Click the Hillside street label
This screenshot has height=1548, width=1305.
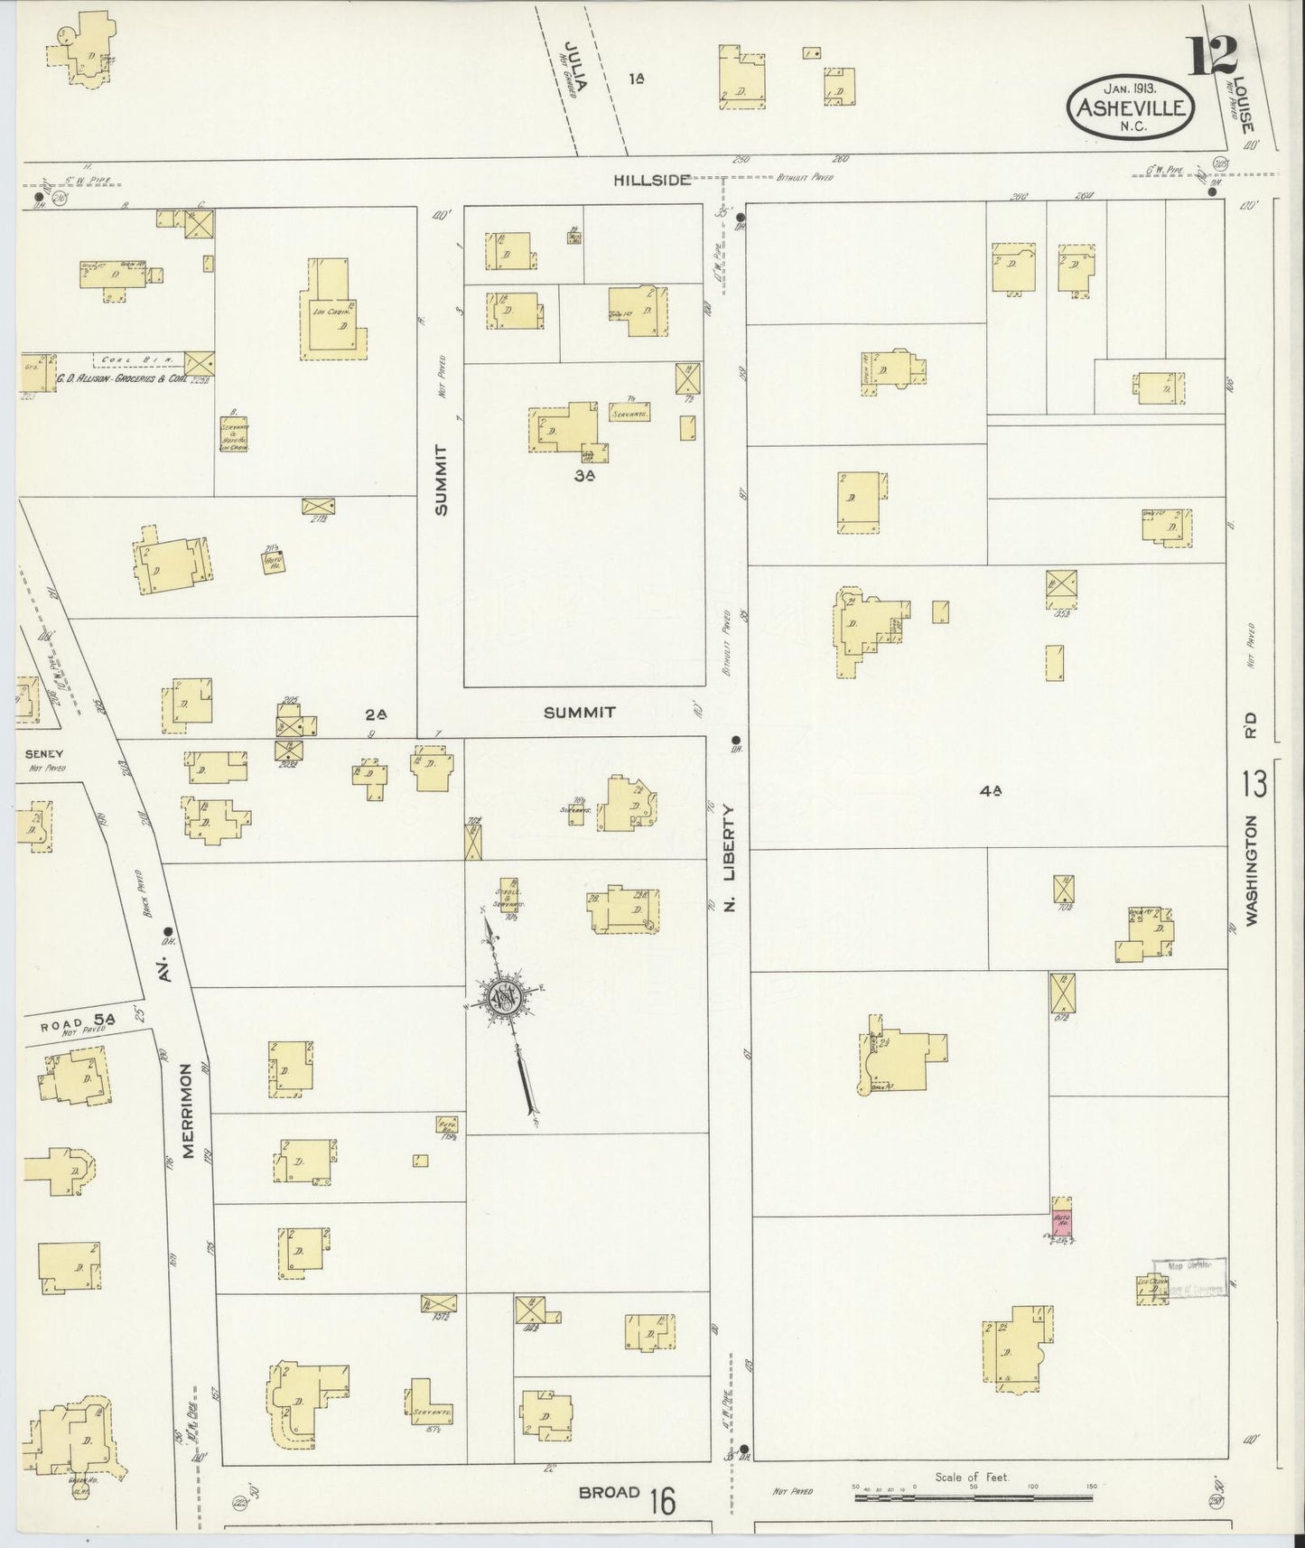[x=653, y=180]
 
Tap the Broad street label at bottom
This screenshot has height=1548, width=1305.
[x=610, y=1492]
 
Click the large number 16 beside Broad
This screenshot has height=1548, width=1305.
[x=662, y=1502]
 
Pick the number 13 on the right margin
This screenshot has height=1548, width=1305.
[x=1254, y=785]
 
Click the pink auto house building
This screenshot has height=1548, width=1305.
[x=1062, y=1218]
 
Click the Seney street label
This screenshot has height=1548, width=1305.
[x=44, y=752]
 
